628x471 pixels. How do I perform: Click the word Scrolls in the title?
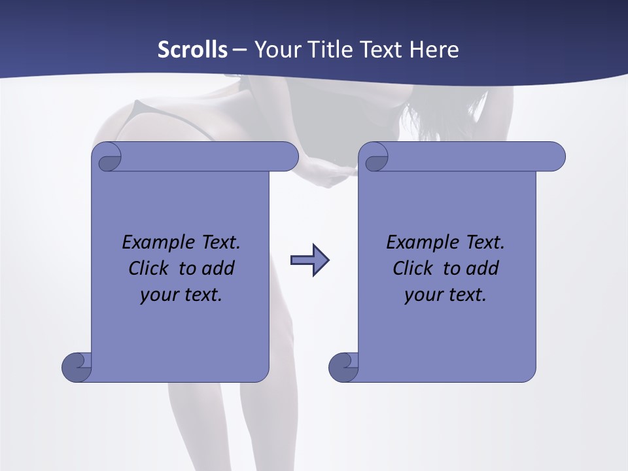click(x=192, y=50)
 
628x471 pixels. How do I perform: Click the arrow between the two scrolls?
click(x=309, y=260)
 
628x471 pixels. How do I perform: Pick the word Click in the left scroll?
click(x=143, y=268)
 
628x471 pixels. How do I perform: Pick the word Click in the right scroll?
click(x=408, y=268)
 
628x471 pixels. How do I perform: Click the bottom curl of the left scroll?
click(x=77, y=367)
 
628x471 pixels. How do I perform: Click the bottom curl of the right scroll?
click(x=343, y=367)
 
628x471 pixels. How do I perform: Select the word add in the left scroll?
click(x=218, y=268)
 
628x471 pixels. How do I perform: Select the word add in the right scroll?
click(x=483, y=268)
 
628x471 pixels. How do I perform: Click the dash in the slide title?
click(x=239, y=50)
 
